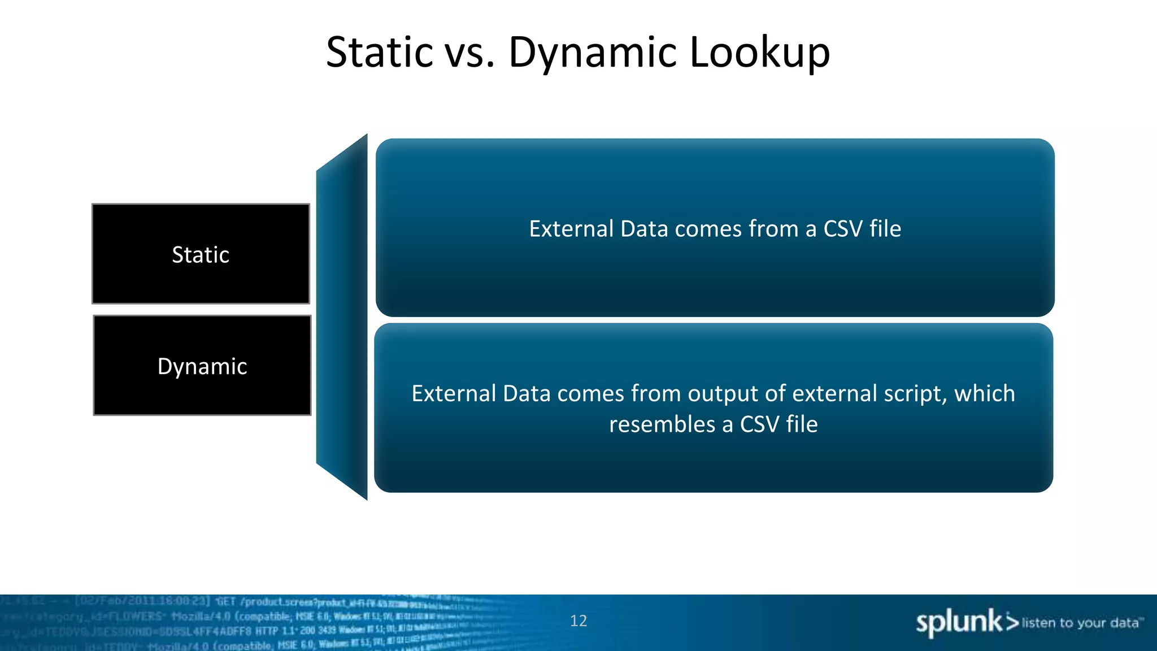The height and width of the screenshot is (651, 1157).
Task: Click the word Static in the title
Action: (379, 53)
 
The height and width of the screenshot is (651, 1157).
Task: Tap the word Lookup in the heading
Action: (760, 53)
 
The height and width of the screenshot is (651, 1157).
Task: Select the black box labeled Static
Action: (201, 254)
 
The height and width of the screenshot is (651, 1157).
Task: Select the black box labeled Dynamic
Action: (202, 366)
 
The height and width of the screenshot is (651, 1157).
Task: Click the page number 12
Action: (578, 620)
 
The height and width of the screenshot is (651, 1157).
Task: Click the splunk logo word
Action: (959, 622)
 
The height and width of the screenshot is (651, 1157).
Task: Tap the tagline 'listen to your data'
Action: (1080, 623)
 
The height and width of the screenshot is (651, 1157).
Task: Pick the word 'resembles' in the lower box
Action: (662, 424)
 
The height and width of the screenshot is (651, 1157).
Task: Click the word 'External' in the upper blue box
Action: (571, 229)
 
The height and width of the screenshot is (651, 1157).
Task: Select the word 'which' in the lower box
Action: (985, 394)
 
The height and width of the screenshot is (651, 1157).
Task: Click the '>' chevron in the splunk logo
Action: (1012, 622)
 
